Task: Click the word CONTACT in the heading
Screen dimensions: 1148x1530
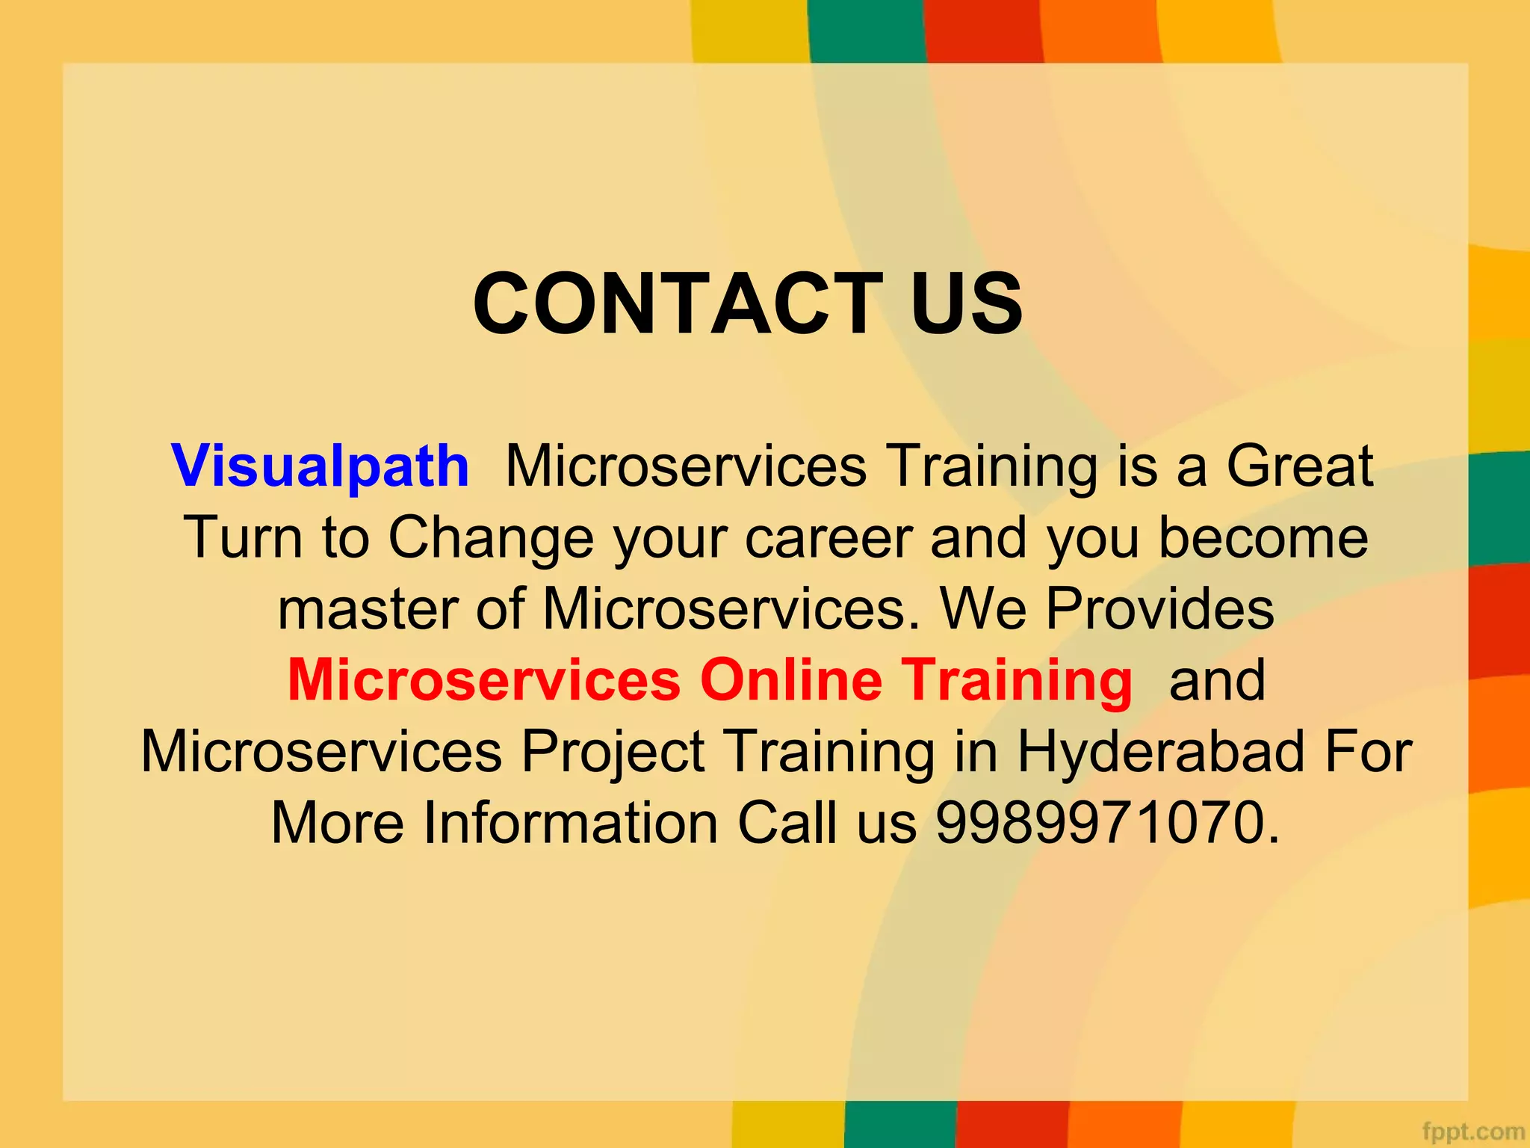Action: [678, 303]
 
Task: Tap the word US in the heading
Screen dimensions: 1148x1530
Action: [967, 303]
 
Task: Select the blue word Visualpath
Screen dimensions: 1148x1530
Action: [320, 466]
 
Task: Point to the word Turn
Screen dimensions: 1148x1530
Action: [243, 537]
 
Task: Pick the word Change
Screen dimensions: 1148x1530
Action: [490, 537]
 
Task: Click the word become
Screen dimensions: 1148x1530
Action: [1263, 537]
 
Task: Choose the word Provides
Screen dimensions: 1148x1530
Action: [1159, 608]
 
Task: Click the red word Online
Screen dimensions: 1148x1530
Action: [791, 679]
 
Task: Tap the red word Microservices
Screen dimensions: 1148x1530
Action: [484, 679]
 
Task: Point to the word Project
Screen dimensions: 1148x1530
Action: [613, 751]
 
